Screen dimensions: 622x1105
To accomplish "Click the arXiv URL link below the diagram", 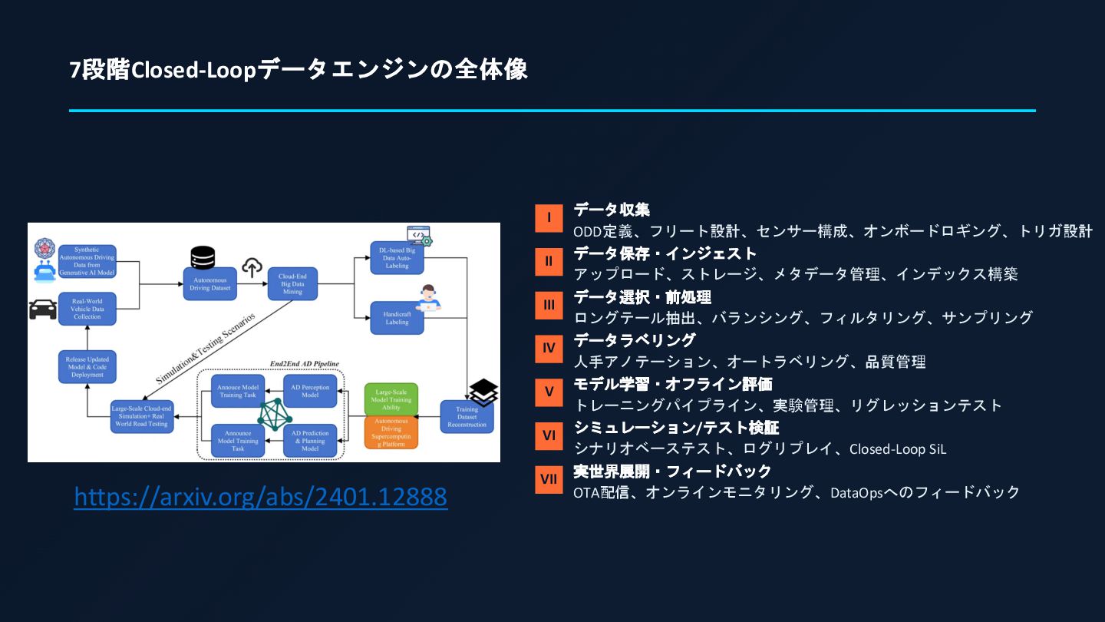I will pos(260,498).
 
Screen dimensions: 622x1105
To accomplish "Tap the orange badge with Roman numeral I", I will pos(549,217).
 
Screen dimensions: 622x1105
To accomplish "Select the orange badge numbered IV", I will pos(549,348).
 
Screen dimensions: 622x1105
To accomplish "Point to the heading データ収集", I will pos(612,210).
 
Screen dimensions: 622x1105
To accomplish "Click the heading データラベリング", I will pos(635,340).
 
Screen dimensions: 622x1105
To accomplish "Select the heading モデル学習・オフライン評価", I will pos(673,384).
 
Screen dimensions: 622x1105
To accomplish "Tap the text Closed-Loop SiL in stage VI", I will pos(898,449).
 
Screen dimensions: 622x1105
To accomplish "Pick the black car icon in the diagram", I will pos(42,309).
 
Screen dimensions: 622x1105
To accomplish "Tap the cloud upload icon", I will pos(252,268).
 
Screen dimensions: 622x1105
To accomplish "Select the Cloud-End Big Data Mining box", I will pos(293,283).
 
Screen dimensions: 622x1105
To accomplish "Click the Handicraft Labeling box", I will pos(397,317).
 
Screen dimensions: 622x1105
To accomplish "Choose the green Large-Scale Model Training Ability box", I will pos(391,398).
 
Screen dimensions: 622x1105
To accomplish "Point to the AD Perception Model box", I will pos(310,392).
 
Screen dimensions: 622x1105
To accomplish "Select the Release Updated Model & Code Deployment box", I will pos(87,367).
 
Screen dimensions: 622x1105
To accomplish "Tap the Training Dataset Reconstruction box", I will pos(467,417).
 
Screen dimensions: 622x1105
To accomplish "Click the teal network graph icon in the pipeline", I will pos(273,415).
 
